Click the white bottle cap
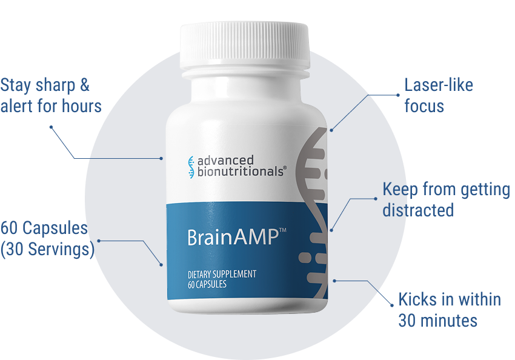[x=245, y=46]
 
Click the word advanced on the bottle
[x=225, y=160]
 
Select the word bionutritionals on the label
[x=241, y=172]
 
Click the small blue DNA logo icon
[x=191, y=167]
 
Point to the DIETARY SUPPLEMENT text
[x=222, y=274]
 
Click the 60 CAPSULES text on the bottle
[x=207, y=284]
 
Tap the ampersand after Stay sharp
[x=84, y=85]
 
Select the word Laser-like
[x=439, y=85]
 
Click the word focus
[x=424, y=106]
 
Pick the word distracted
[x=418, y=210]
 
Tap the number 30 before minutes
[x=407, y=321]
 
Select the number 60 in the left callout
[x=9, y=228]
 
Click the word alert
[x=16, y=106]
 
